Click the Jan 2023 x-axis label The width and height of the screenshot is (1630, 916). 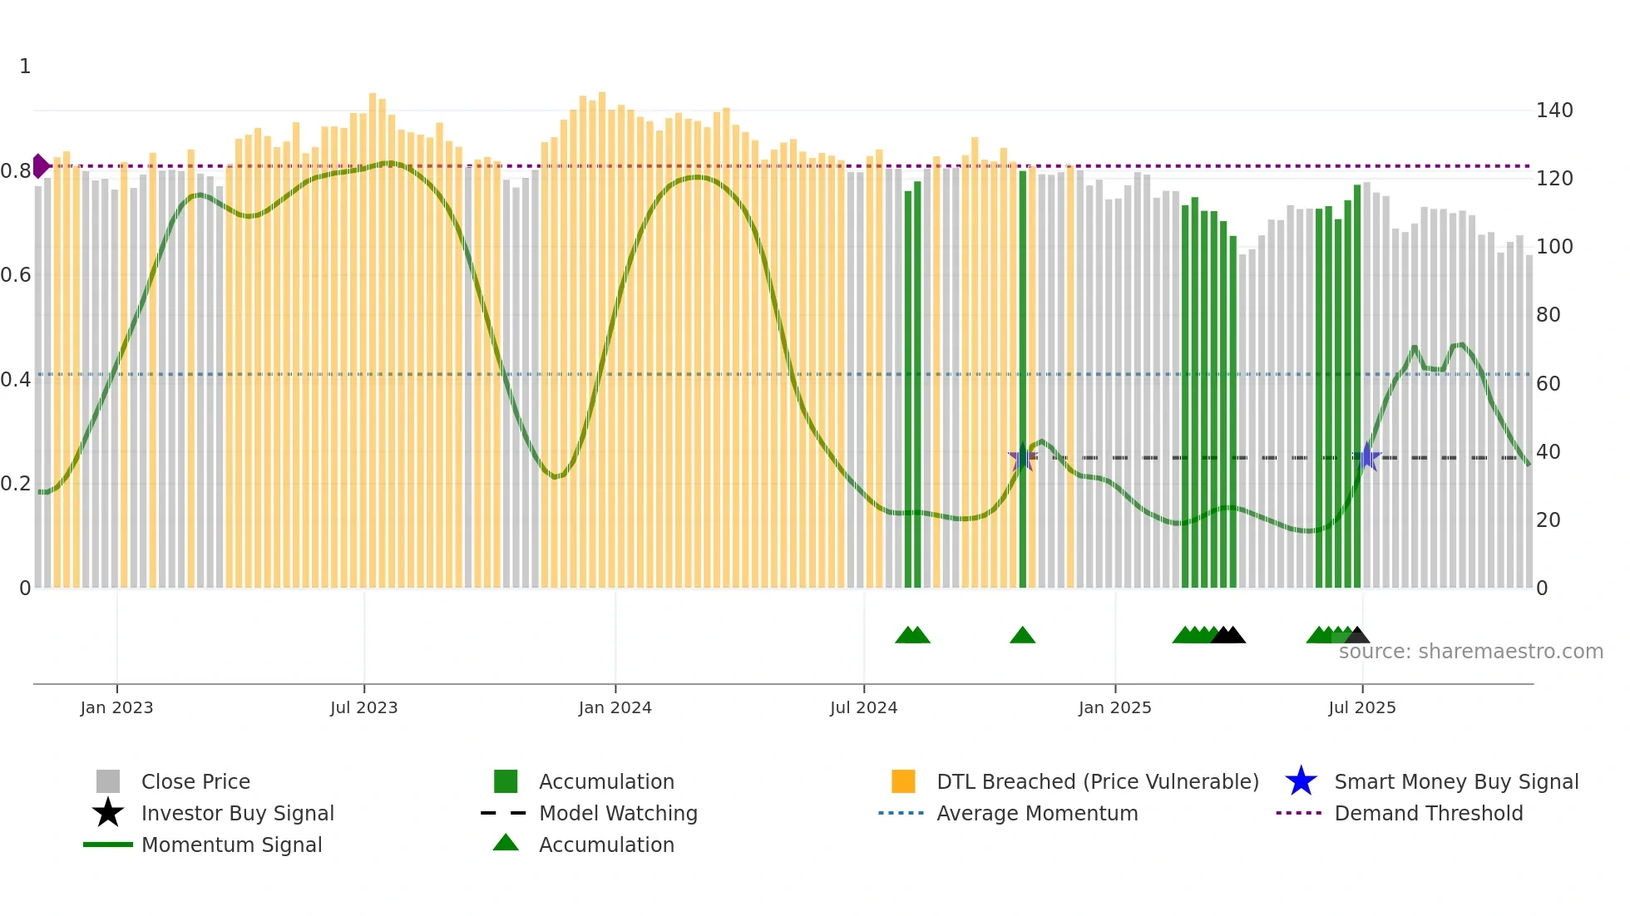[x=116, y=707]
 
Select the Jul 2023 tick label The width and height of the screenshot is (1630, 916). [x=363, y=707]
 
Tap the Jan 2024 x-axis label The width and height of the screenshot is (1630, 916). [x=615, y=707]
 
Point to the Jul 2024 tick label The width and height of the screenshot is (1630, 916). [x=863, y=707]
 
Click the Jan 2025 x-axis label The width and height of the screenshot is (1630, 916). [x=1114, y=707]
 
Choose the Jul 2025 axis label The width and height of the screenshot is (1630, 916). [x=1361, y=707]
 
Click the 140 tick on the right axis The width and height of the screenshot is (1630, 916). [x=1553, y=111]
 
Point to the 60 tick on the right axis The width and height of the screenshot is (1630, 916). [x=1548, y=384]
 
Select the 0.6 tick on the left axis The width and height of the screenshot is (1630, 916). [x=16, y=275]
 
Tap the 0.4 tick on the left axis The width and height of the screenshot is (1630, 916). [x=16, y=380]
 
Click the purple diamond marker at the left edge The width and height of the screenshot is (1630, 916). [x=40, y=166]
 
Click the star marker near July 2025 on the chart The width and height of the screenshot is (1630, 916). [x=1366, y=456]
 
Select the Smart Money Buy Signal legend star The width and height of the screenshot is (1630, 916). [x=1301, y=781]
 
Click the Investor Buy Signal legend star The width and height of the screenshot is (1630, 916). [x=108, y=813]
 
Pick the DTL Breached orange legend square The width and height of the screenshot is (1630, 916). [x=903, y=781]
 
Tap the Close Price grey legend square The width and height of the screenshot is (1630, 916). [x=108, y=781]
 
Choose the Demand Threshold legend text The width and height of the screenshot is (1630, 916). [x=1428, y=813]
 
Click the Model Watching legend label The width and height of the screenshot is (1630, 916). [x=618, y=813]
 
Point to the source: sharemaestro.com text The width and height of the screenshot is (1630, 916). [x=1470, y=652]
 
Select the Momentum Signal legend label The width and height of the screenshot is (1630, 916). [x=231, y=845]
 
